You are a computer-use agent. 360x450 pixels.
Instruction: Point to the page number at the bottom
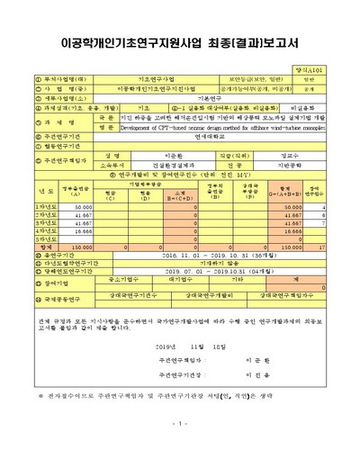point(179,423)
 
